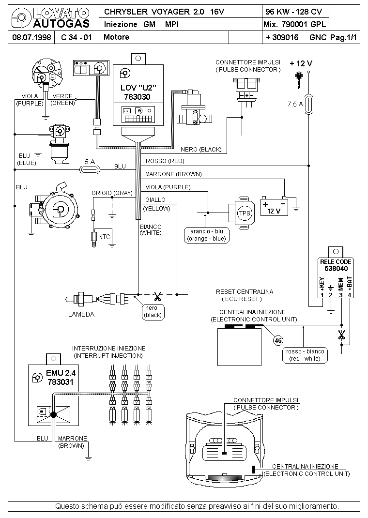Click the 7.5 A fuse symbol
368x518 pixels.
pyautogui.click(x=309, y=105)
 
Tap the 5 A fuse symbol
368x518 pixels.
pyautogui.click(x=90, y=170)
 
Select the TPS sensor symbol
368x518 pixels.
pyautogui.click(x=245, y=213)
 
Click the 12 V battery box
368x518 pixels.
pyautogui.click(x=274, y=206)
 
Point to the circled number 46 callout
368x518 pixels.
pyautogui.click(x=278, y=340)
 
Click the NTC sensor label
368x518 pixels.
pyautogui.click(x=104, y=237)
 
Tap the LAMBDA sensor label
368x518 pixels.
pyautogui.click(x=81, y=314)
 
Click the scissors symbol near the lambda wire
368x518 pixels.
pyautogui.click(x=157, y=296)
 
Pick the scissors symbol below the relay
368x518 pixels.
pyautogui.click(x=341, y=335)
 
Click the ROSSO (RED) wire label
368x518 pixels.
pyautogui.click(x=165, y=161)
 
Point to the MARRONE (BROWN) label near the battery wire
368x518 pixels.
pyautogui.click(x=173, y=174)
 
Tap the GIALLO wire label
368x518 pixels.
pyautogui.click(x=155, y=200)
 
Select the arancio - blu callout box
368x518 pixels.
pyautogui.click(x=207, y=235)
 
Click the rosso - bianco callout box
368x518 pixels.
pyautogui.click(x=305, y=355)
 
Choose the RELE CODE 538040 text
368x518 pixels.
pyautogui.click(x=336, y=265)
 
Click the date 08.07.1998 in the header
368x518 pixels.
pyautogui.click(x=31, y=37)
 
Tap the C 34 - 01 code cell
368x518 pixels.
pyautogui.click(x=77, y=37)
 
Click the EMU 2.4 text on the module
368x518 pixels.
pyautogui.click(x=61, y=373)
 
